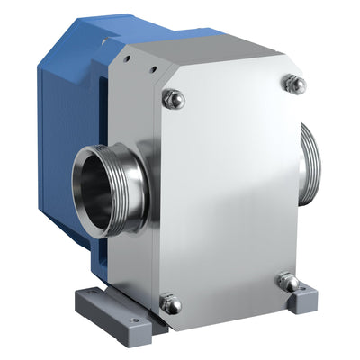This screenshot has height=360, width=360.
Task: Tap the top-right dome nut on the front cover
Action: coord(293,84)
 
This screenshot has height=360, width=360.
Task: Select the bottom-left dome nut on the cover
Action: coord(171,304)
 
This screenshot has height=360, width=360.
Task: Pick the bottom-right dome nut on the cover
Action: coord(288,282)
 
